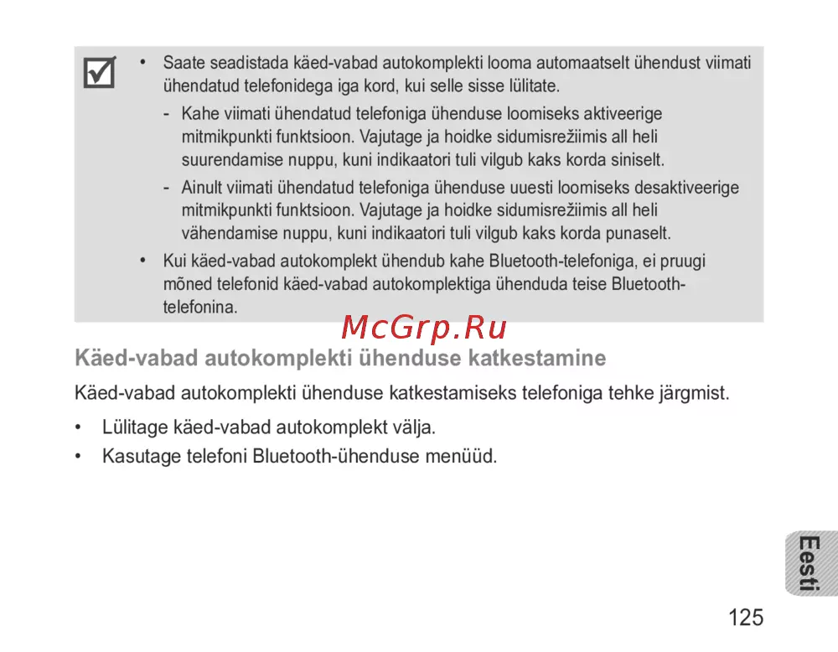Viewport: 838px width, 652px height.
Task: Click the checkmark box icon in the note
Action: (x=100, y=74)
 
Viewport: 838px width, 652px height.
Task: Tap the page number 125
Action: (x=745, y=618)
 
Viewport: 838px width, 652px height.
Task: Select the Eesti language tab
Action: (x=809, y=563)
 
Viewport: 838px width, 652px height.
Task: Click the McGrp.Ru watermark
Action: (x=425, y=329)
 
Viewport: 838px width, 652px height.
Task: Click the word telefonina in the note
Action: (x=200, y=308)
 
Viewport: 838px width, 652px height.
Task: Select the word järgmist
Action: (x=691, y=392)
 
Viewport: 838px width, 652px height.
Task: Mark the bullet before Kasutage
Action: (x=79, y=457)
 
